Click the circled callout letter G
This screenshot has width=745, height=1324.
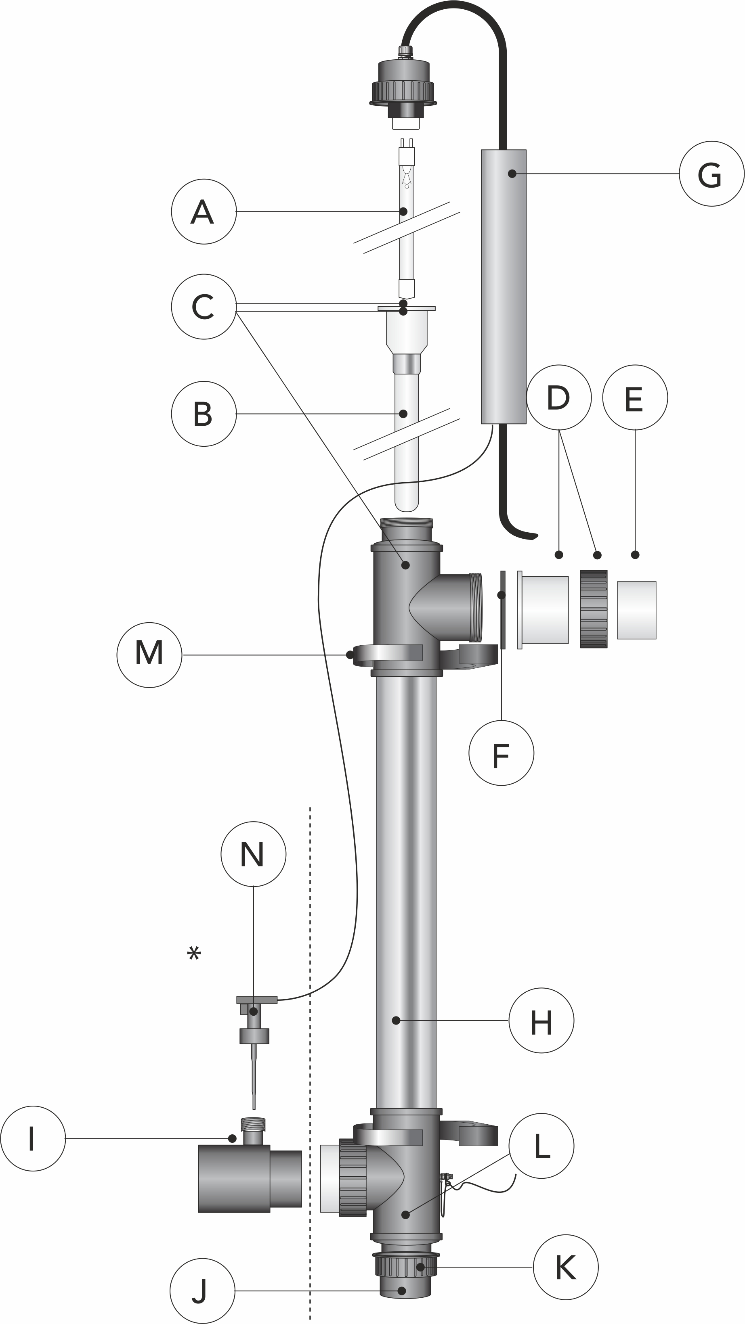pyautogui.click(x=711, y=174)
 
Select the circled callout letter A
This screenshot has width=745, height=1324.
pyautogui.click(x=204, y=211)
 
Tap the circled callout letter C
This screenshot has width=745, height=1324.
pyautogui.click(x=204, y=306)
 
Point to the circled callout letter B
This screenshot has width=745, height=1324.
pyautogui.click(x=204, y=413)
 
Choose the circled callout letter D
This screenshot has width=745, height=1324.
pyautogui.click(x=559, y=397)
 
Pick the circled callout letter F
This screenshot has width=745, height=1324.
pyautogui.click(x=501, y=753)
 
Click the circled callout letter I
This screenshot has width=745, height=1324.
pyautogui.click(x=33, y=1138)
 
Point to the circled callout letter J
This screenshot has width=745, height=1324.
pyautogui.click(x=201, y=1291)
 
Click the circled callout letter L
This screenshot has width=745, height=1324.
pyautogui.click(x=541, y=1146)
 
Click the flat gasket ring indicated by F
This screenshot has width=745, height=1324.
pyautogui.click(x=503, y=610)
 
